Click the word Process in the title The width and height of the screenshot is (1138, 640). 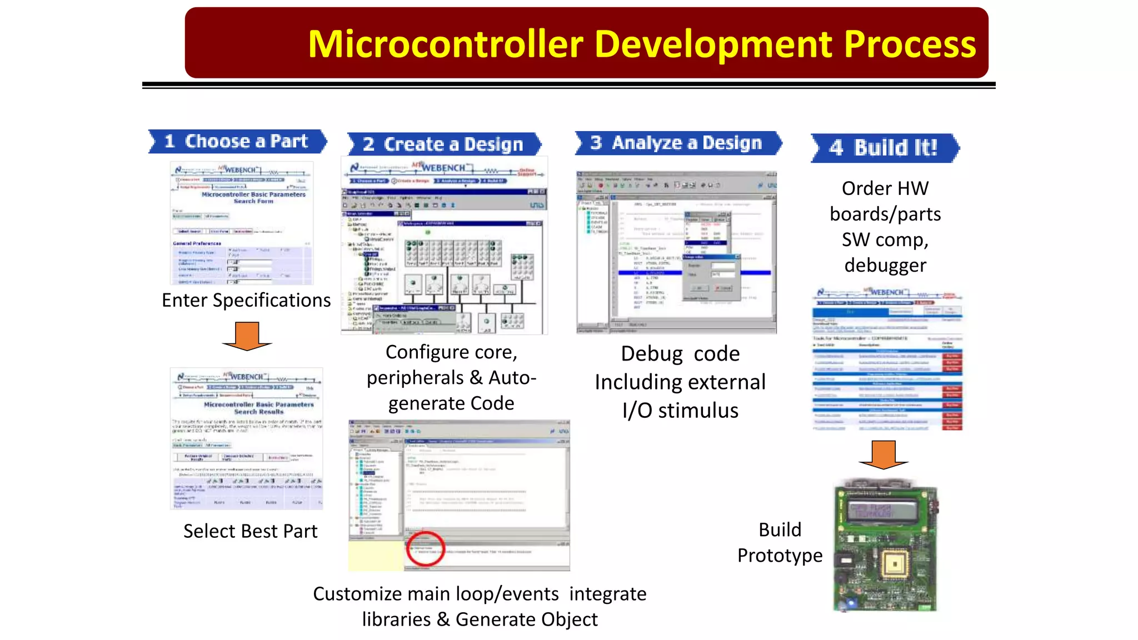[x=910, y=44]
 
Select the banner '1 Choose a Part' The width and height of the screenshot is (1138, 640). [x=237, y=142]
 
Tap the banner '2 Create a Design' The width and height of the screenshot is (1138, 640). [x=443, y=144]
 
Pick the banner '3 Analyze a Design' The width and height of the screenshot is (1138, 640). [x=678, y=143]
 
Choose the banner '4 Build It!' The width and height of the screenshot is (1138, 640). [x=885, y=148]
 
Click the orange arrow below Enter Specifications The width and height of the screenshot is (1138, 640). [x=247, y=336]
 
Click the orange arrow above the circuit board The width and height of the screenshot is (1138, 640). [x=883, y=454]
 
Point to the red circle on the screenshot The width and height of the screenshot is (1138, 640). [x=425, y=548]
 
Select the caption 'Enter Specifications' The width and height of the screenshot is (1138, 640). [x=246, y=301]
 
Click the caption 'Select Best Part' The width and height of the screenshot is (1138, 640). [x=250, y=532]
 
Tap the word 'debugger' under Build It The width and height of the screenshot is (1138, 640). [x=885, y=266]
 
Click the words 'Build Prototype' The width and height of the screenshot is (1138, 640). [x=780, y=543]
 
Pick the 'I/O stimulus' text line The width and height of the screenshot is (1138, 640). [x=680, y=411]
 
